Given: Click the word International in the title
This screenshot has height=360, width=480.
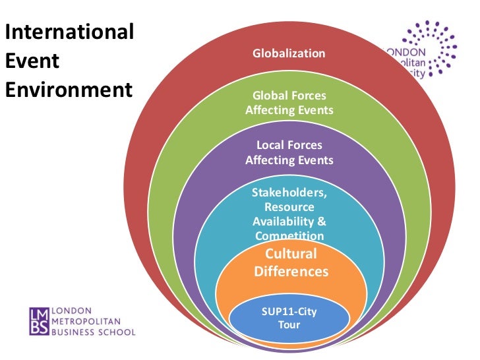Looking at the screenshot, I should tap(69, 32).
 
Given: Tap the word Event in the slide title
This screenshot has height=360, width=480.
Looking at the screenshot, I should tap(32, 61).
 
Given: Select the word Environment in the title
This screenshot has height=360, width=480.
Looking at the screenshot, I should tap(69, 89).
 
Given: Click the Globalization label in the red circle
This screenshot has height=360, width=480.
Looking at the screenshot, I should tap(289, 53).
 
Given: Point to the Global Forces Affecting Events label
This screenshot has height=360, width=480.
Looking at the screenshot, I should tap(289, 103).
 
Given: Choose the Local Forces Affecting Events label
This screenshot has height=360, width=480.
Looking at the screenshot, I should tap(289, 152).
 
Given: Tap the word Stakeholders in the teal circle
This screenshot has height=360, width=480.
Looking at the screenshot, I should tap(289, 193).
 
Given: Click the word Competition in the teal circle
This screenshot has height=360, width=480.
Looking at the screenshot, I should tap(289, 235).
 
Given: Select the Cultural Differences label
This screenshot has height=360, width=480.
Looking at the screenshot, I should tap(291, 262).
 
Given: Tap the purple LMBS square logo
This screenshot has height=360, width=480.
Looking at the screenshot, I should tap(39, 321).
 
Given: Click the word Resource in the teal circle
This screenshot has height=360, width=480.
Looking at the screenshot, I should tap(289, 207).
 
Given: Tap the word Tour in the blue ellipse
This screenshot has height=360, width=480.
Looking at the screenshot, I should tap(289, 324).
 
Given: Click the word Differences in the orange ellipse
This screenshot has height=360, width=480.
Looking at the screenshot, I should tap(291, 271).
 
